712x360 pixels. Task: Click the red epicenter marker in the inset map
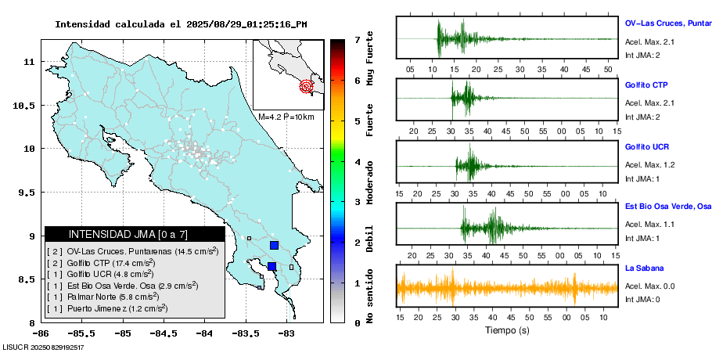point(307,86)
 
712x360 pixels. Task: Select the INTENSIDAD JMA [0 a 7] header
point(135,234)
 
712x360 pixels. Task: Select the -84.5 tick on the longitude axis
point(164,333)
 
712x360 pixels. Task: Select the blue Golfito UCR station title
point(646,146)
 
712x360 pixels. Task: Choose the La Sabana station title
point(644,268)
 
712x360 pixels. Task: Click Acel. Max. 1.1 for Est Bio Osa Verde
point(649,225)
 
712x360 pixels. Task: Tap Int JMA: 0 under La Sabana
point(642,299)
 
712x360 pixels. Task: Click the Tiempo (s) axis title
point(508,330)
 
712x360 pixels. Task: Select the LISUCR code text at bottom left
point(43,346)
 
